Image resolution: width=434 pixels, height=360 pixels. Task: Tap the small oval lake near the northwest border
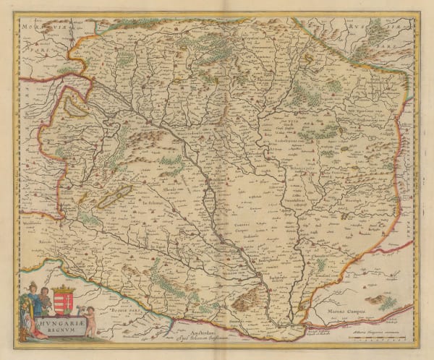(x=75, y=108)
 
